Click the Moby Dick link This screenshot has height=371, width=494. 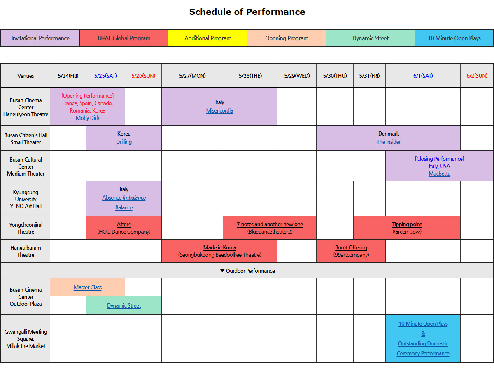[88, 118]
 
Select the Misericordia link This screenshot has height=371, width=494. [219, 110]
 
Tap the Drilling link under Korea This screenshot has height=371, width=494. [124, 142]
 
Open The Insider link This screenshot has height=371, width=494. [389, 142]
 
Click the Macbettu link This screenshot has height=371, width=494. [439, 174]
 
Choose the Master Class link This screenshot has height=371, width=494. [88, 287]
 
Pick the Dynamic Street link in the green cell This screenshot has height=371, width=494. [124, 305]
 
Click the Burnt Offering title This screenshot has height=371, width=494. [351, 247]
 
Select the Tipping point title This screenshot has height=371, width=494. [407, 224]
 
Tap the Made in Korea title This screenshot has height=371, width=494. [219, 247]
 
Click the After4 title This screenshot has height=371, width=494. [124, 224]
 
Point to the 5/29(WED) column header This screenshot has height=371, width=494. [297, 76]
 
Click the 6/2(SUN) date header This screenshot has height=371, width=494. [477, 76]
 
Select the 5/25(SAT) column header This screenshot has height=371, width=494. [105, 76]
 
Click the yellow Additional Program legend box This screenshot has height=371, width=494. [208, 38]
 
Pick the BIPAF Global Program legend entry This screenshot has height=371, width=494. [124, 38]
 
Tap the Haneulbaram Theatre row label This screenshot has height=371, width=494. [26, 251]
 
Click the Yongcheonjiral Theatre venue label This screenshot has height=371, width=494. [26, 228]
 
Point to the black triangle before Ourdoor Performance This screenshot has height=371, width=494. [222, 270]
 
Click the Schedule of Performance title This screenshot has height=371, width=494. [247, 12]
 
